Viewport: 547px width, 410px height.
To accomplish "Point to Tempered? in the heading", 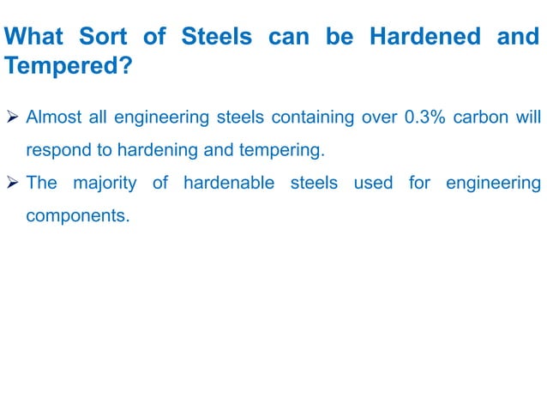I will (69, 66).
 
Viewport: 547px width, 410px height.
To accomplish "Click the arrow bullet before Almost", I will (13, 117).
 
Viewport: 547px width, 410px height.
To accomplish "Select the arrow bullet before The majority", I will (13, 183).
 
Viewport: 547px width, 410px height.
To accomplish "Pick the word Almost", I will (55, 117).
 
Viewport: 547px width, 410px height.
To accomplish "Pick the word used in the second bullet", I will (373, 183).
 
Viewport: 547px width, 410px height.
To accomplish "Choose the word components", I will (77, 216).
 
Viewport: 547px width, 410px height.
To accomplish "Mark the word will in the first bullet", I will (529, 117).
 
